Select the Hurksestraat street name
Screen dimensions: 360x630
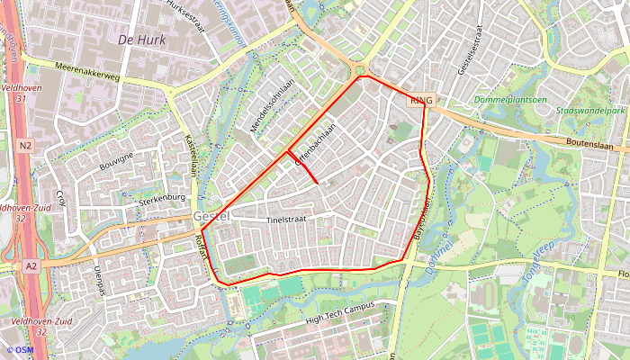point(187,15)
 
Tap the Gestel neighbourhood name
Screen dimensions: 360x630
point(211,217)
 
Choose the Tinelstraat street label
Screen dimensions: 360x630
point(288,220)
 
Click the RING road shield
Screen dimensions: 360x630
point(420,101)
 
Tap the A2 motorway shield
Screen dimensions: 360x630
point(31,265)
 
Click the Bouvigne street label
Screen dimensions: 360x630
point(116,163)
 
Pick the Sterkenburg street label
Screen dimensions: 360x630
point(162,200)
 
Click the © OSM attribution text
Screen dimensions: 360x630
point(20,350)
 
